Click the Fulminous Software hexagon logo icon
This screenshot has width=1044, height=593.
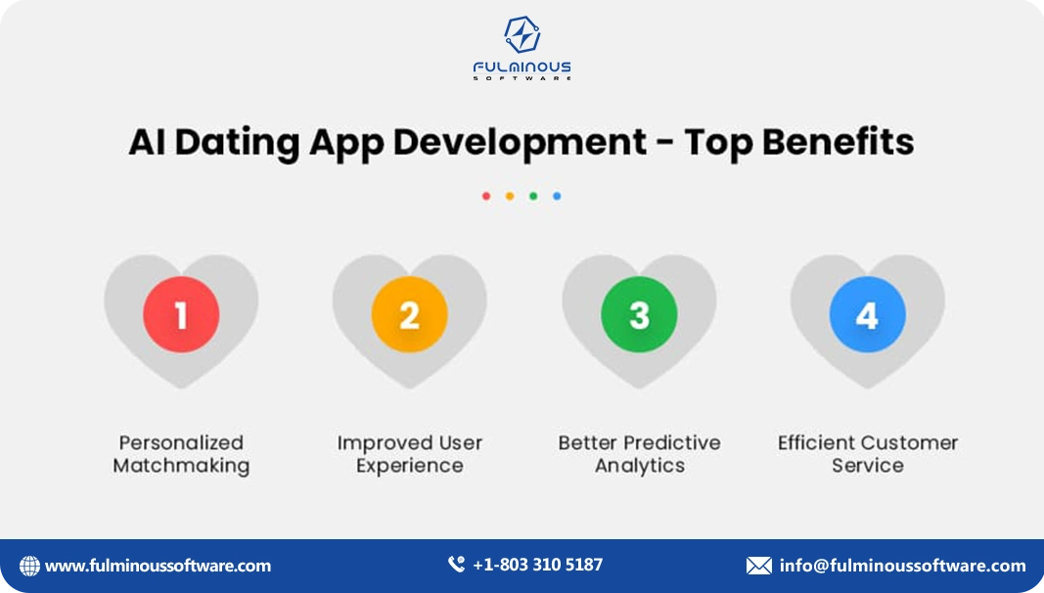522,35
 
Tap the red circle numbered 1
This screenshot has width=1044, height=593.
181,314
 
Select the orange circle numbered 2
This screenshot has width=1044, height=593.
410,314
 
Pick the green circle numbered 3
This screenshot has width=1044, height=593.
639,314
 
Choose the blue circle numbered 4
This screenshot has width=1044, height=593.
867,314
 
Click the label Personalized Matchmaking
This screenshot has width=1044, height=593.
181,454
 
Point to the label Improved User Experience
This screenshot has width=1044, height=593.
410,454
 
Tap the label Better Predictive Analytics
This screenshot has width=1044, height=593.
639,454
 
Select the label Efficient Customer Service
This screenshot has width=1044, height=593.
868,454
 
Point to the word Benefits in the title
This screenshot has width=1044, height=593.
839,142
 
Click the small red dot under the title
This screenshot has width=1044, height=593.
486,196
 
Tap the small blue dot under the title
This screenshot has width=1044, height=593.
557,196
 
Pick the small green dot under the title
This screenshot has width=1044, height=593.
533,196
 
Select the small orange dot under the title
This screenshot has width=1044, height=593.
510,196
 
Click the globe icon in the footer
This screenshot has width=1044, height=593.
30,566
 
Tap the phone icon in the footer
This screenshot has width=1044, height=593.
456,565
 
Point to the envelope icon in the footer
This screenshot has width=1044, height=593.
758,566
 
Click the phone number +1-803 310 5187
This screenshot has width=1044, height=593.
537,565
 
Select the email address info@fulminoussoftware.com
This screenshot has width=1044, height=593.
902,566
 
